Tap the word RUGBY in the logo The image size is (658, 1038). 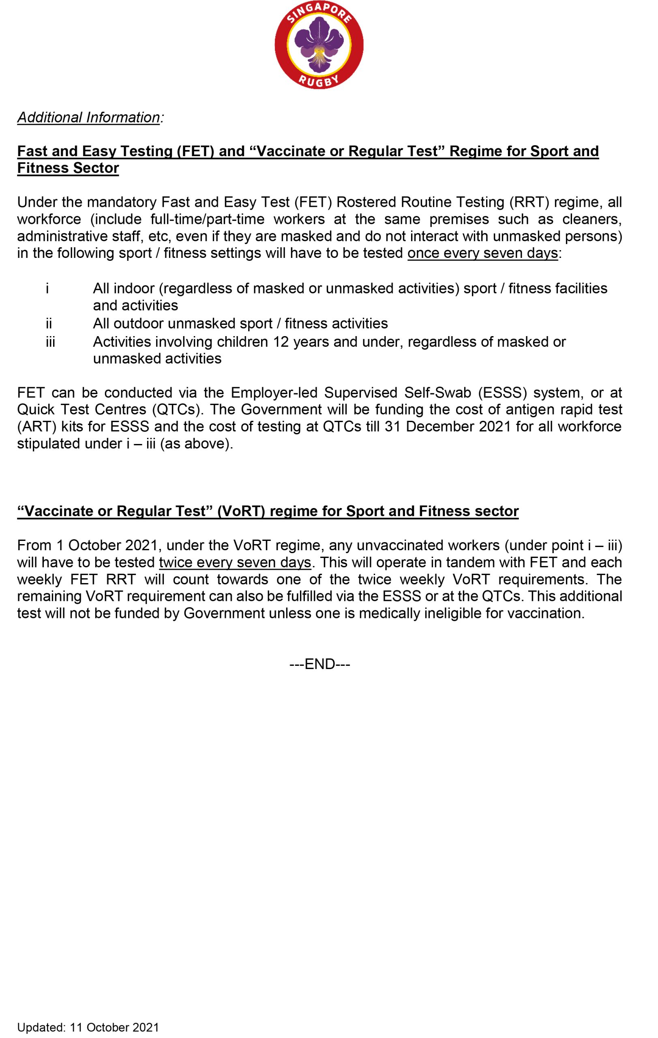click(x=319, y=80)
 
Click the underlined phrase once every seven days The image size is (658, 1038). click(x=482, y=253)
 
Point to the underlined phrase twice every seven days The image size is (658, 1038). click(x=235, y=562)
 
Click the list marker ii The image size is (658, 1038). click(x=49, y=323)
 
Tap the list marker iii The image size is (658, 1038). click(x=50, y=342)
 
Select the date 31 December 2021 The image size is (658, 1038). click(x=441, y=427)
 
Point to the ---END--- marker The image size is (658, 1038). click(x=319, y=664)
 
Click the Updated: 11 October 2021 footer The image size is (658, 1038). click(x=88, y=1027)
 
